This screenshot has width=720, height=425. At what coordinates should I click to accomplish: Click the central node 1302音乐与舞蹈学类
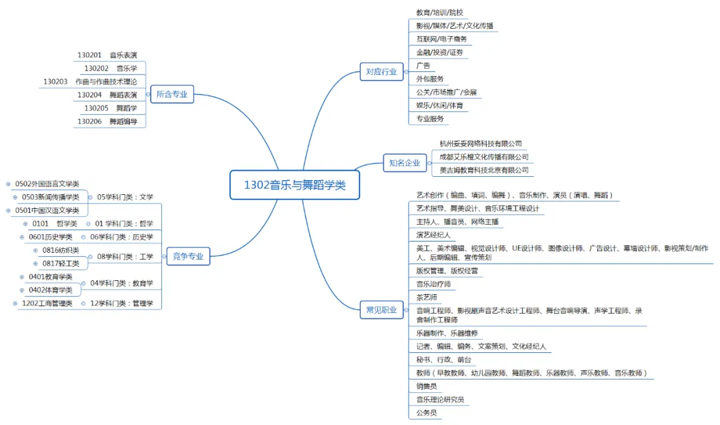pyautogui.click(x=295, y=185)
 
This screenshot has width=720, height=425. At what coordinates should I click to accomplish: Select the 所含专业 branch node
pyautogui.click(x=172, y=95)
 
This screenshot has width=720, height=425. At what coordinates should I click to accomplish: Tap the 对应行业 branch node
pyautogui.click(x=381, y=71)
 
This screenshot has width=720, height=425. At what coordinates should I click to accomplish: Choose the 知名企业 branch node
pyautogui.click(x=405, y=162)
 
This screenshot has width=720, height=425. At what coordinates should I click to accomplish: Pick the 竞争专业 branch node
pyautogui.click(x=187, y=256)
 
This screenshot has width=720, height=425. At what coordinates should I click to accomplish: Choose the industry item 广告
pyautogui.click(x=423, y=65)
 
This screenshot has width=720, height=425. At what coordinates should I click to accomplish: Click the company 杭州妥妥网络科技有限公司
pyautogui.click(x=481, y=143)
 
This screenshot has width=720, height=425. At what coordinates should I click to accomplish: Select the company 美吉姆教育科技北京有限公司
pyautogui.click(x=484, y=170)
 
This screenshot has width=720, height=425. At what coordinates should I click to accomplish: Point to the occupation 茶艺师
pyautogui.click(x=427, y=297)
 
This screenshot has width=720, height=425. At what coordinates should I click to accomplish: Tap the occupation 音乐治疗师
pyautogui.click(x=433, y=284)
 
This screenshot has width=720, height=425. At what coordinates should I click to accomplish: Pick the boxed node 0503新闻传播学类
pyautogui.click(x=51, y=197)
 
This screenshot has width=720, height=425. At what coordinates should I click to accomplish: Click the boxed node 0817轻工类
pyautogui.click(x=61, y=264)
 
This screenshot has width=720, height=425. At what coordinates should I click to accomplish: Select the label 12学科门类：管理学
pyautogui.click(x=121, y=304)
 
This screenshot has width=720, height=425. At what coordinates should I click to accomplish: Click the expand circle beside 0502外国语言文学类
pyautogui.click(x=8, y=183)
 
